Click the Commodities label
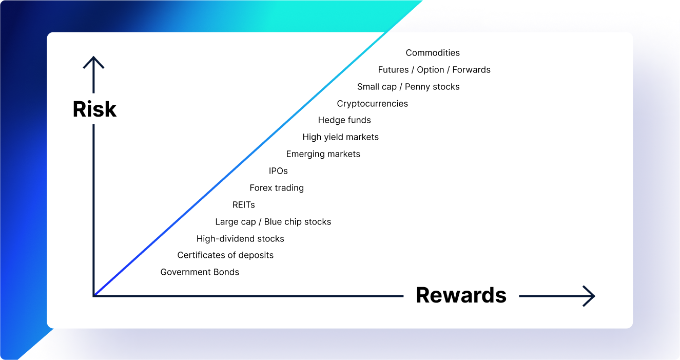433,53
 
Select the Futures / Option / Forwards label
434,70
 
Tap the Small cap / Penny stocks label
409,87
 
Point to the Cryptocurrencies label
372,104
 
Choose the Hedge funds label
344,120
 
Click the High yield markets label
340,137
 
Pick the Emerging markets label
323,155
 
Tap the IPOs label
278,171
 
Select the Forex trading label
277,188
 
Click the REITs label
243,205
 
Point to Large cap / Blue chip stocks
273,222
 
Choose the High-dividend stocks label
240,239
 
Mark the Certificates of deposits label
225,255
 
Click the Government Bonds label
200,272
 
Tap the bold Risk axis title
94,109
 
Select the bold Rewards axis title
461,295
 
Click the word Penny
417,87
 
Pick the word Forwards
472,70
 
